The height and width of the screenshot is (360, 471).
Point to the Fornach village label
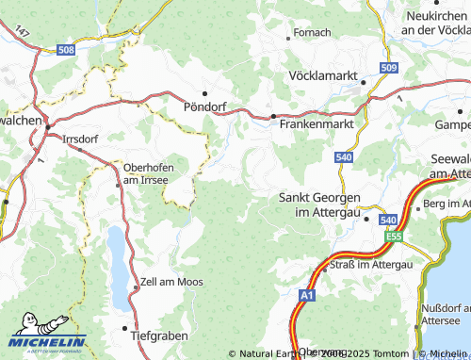(313, 32)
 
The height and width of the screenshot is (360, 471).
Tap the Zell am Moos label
(171, 282)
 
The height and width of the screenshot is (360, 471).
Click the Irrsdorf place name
(80, 139)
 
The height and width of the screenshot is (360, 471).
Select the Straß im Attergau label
(372, 265)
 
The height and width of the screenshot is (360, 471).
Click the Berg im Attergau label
(446, 205)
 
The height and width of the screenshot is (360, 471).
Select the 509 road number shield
(389, 68)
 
